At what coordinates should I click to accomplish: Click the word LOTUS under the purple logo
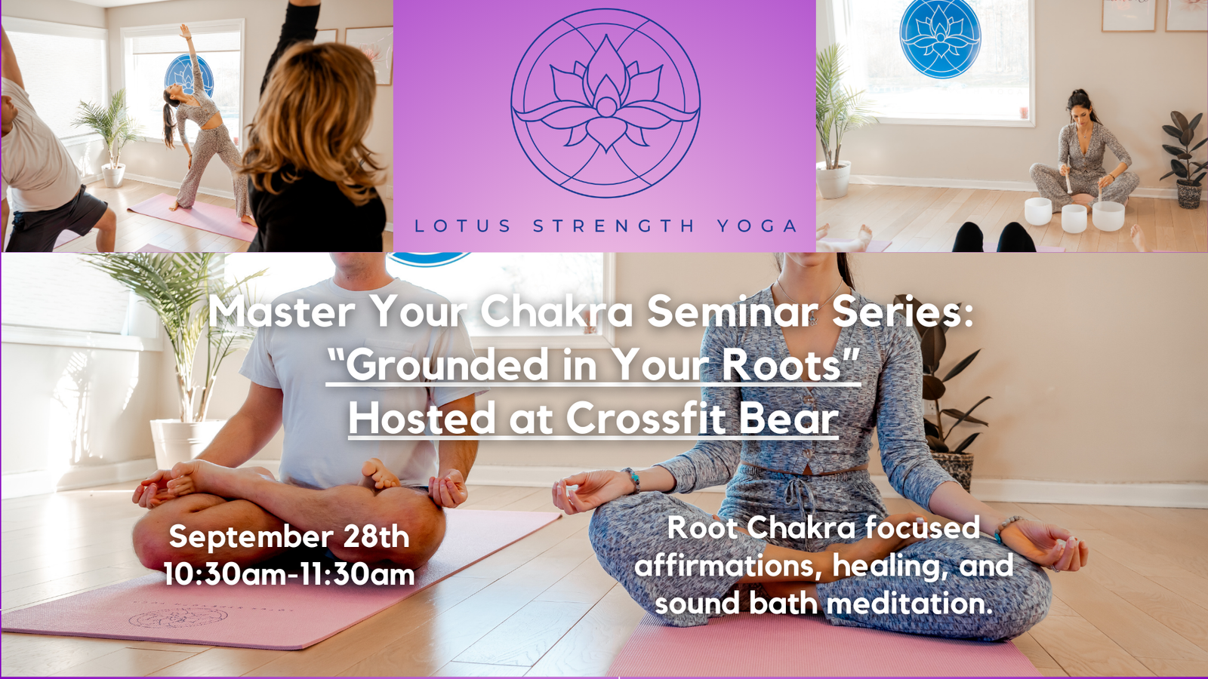coord(462,226)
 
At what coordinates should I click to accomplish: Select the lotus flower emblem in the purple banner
coord(606,103)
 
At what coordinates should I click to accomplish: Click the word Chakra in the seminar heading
coord(556,312)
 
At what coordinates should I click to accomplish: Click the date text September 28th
coord(289,536)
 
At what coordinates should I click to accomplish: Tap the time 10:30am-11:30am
coord(289,574)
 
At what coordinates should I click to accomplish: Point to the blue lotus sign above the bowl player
coord(940,37)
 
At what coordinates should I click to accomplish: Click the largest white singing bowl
coord(1108,216)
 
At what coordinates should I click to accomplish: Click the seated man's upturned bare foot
coord(380,475)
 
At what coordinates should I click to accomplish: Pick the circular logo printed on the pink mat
coord(178,618)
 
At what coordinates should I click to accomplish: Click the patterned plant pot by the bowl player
coord(1189,194)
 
